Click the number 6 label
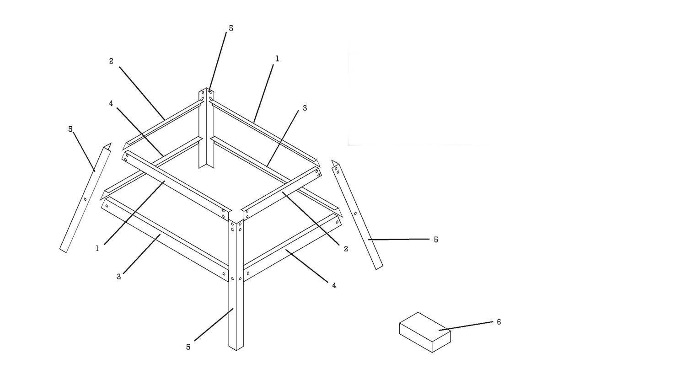click(x=498, y=322)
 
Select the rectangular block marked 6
click(x=425, y=332)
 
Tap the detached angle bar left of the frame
click(x=85, y=198)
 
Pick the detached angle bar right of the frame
click(x=357, y=214)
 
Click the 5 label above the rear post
click(x=231, y=28)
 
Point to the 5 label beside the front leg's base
click(x=188, y=347)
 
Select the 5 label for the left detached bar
click(x=70, y=129)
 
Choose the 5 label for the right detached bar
click(x=436, y=240)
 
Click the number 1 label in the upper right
click(x=278, y=59)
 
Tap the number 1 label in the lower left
click(x=97, y=249)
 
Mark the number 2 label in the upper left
click(x=111, y=61)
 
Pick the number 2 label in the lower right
click(x=346, y=249)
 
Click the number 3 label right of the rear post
click(x=305, y=108)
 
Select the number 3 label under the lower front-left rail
click(x=119, y=277)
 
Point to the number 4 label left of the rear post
click(x=111, y=104)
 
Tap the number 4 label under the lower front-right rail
click(x=334, y=286)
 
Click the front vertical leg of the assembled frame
click(x=236, y=285)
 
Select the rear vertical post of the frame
click(x=206, y=128)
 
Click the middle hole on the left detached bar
click(x=85, y=199)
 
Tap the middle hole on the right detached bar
click(x=355, y=214)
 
